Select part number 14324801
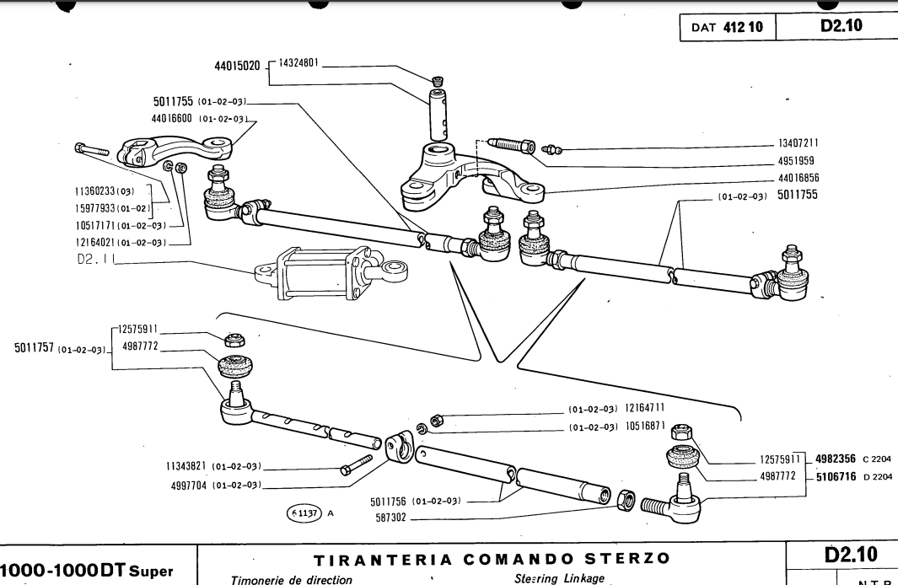coord(298,63)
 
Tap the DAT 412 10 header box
coord(726,28)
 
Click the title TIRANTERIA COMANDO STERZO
coord(492,558)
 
